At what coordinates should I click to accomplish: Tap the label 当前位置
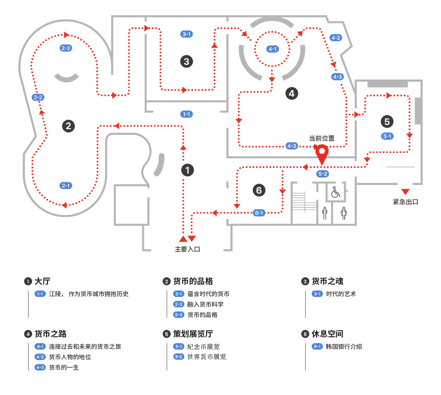(321, 138)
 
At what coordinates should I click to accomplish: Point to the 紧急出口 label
(405, 202)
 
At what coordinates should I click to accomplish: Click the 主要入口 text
(187, 249)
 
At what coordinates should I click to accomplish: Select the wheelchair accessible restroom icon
(335, 192)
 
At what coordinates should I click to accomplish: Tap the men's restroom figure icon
(325, 213)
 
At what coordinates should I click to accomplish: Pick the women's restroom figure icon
(343, 213)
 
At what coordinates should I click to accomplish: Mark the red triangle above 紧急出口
(405, 191)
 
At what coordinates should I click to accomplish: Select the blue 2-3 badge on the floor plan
(65, 48)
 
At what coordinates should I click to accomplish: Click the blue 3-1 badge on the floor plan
(186, 34)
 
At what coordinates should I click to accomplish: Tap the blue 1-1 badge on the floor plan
(186, 114)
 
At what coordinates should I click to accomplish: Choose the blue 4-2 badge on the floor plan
(335, 38)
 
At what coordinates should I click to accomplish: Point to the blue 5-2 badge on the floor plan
(323, 174)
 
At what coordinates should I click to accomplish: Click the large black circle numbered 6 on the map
(259, 190)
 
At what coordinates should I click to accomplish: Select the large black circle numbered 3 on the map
(186, 61)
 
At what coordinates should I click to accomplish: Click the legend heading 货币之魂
(327, 281)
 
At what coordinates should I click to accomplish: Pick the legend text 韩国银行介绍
(344, 346)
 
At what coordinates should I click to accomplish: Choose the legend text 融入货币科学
(205, 304)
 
